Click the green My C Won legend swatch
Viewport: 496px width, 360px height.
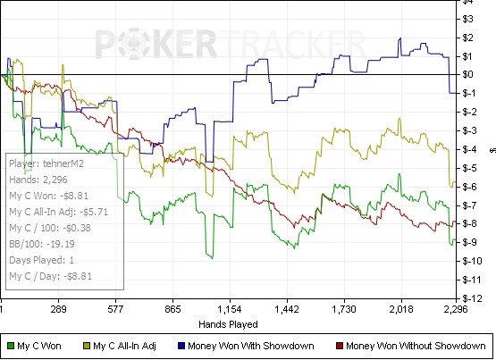click(11, 346)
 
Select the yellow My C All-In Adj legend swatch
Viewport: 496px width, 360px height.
click(87, 346)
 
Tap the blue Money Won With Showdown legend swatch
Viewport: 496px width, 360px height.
click(181, 346)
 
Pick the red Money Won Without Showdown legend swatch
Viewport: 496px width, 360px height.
click(340, 346)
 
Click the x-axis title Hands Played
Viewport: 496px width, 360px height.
click(228, 324)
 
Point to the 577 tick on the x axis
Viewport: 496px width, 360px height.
click(115, 309)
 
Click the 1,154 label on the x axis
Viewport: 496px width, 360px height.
click(230, 309)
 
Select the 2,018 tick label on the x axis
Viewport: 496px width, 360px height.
click(401, 309)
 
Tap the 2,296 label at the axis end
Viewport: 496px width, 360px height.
click(456, 309)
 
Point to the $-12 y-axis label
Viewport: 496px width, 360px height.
click(473, 298)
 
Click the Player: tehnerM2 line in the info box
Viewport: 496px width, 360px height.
click(46, 163)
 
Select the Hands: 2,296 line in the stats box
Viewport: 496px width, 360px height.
click(38, 180)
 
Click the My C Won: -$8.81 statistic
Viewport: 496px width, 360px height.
click(49, 196)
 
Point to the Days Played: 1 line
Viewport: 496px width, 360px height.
click(41, 260)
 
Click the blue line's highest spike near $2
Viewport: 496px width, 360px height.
click(400, 38)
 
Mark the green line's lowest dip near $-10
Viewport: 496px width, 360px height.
click(213, 258)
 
